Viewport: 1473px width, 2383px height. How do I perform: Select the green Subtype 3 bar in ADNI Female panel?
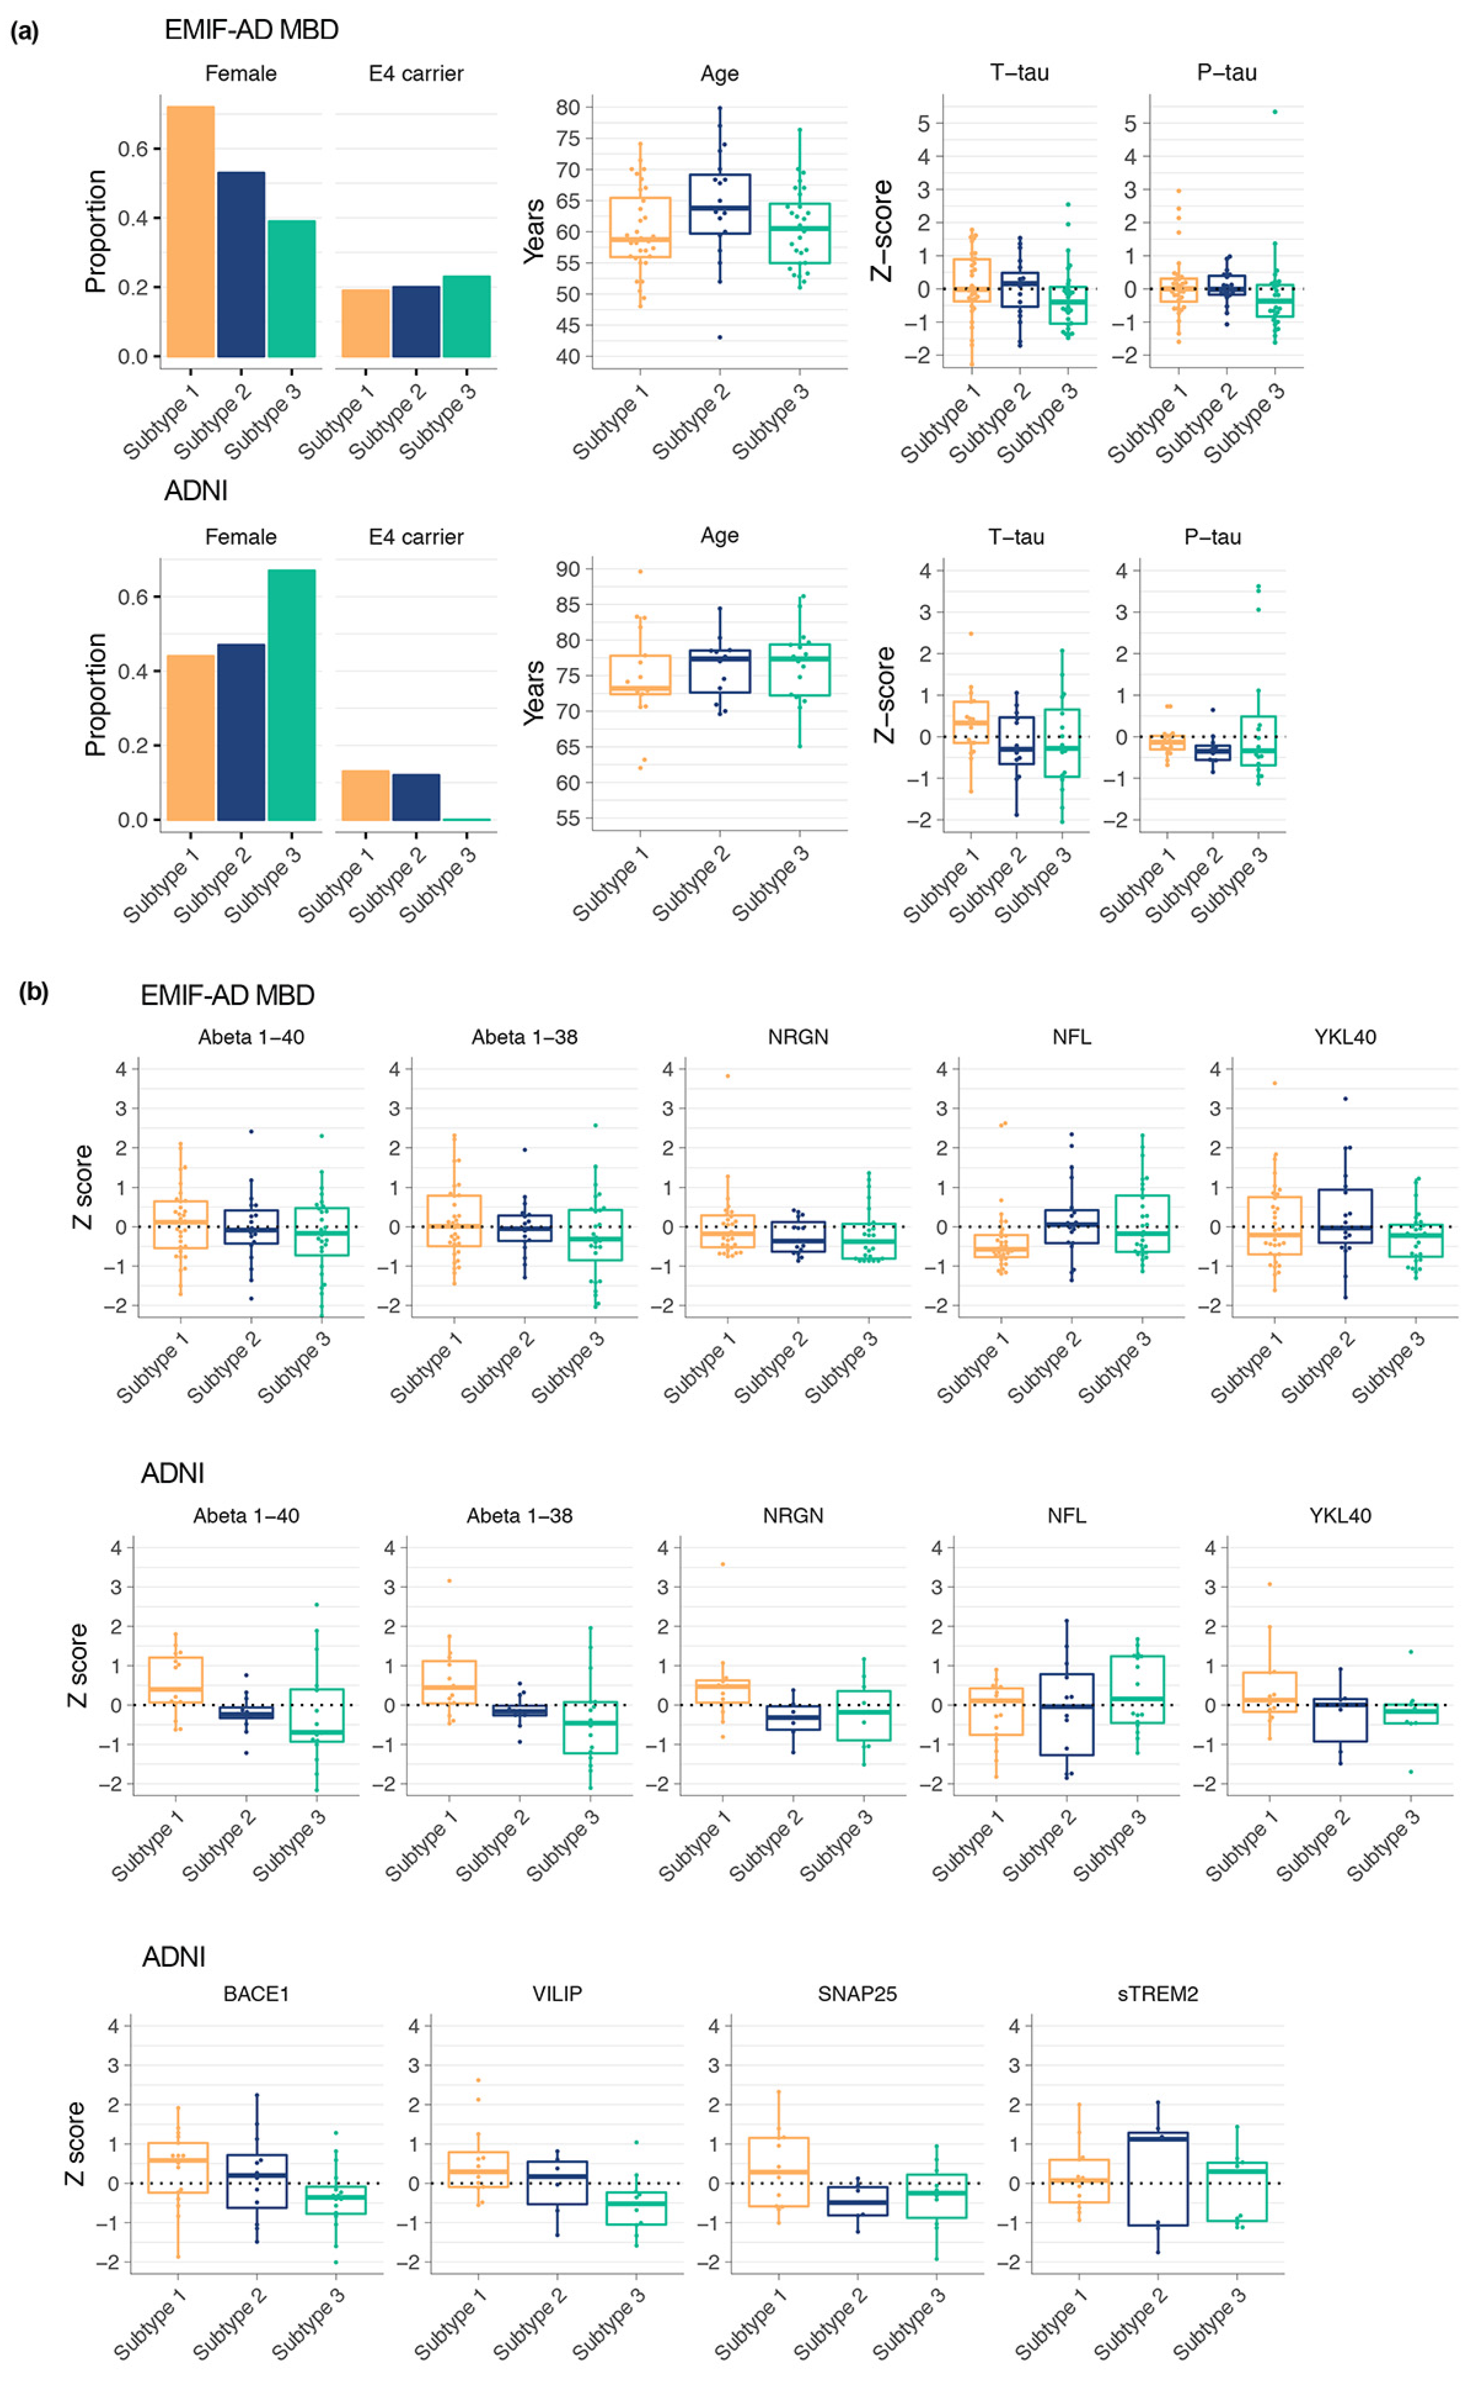click(x=291, y=695)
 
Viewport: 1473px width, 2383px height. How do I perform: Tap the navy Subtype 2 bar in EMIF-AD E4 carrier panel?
click(x=416, y=322)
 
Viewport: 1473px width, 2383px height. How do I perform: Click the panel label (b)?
click(x=33, y=992)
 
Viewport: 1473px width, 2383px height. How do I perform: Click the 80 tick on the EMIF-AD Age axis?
click(x=568, y=107)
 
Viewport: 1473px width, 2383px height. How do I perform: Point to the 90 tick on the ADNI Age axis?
click(x=568, y=569)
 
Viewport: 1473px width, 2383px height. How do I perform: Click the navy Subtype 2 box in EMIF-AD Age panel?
click(x=720, y=204)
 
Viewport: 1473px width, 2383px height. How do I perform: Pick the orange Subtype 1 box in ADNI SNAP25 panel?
click(x=779, y=2172)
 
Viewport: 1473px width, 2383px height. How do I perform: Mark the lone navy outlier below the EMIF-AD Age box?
click(x=720, y=337)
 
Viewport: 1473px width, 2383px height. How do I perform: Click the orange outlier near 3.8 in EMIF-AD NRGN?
click(x=728, y=1076)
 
